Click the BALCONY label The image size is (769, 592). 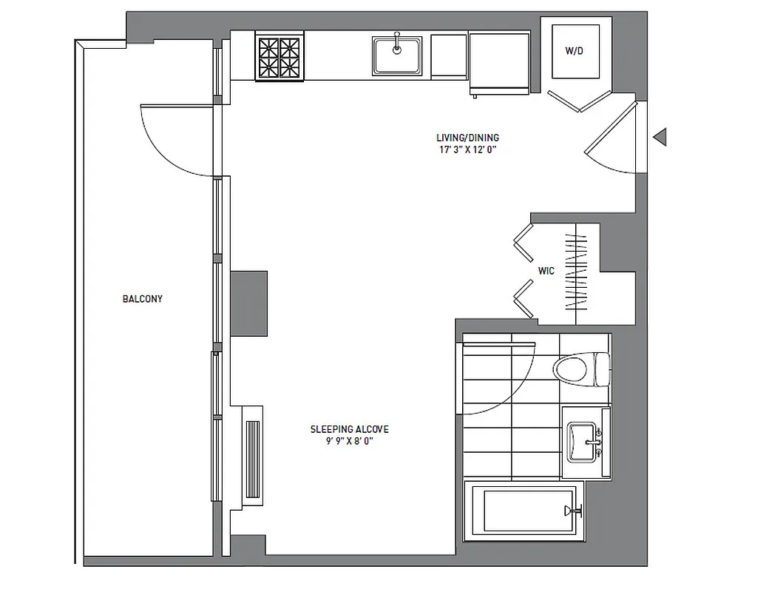(x=143, y=299)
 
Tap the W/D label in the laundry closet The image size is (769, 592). (x=573, y=52)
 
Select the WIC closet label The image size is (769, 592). (x=546, y=271)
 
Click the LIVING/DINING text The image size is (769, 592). (x=467, y=138)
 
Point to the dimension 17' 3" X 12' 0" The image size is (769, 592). (x=467, y=149)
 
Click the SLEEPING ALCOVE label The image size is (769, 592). (x=349, y=429)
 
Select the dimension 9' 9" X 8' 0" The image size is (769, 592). (x=349, y=442)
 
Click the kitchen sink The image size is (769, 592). (x=397, y=55)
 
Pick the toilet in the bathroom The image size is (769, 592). (x=580, y=368)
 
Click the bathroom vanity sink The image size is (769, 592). (x=584, y=442)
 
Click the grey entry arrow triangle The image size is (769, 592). (x=660, y=136)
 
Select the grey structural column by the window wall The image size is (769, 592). (x=248, y=303)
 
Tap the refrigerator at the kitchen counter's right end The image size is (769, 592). (x=499, y=64)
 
